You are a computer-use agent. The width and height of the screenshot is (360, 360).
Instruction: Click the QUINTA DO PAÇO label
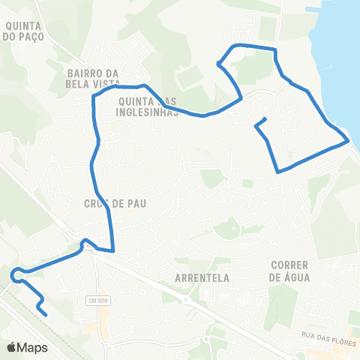coord(24,29)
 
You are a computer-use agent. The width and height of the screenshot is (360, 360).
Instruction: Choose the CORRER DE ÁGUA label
coord(290,271)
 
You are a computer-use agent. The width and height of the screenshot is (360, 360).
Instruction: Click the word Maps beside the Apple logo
coord(32,347)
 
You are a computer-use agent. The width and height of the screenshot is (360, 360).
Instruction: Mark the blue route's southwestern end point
coord(46,314)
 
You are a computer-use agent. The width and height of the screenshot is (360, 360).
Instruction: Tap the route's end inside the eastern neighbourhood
coord(265,119)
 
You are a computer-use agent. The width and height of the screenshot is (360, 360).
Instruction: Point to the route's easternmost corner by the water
coord(348,140)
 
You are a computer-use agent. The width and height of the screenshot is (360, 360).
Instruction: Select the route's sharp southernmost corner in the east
coord(278,172)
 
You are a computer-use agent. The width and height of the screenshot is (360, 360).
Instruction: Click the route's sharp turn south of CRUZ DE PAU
coord(113,250)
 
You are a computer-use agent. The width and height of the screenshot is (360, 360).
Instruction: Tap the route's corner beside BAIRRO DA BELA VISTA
coord(94,96)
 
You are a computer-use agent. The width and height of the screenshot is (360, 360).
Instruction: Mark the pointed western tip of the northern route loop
coord(218,64)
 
